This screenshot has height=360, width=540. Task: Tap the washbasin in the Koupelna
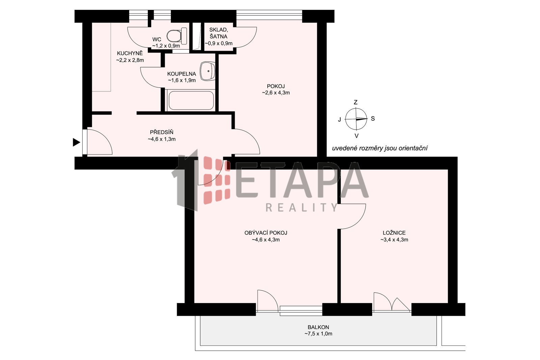pyautogui.click(x=208, y=71)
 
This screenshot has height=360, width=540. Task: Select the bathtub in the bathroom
pyautogui.click(x=191, y=100)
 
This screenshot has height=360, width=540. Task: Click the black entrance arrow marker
pyautogui.click(x=76, y=142)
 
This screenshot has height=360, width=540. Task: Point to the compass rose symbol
pyautogui.click(x=356, y=119)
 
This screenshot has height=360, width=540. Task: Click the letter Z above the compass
pyautogui.click(x=356, y=102)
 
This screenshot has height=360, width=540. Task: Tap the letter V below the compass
pyautogui.click(x=356, y=136)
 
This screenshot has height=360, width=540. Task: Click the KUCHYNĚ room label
pyautogui.click(x=130, y=53)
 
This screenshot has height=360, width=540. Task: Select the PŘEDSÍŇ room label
pyautogui.click(x=162, y=132)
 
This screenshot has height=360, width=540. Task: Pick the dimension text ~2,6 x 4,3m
pyautogui.click(x=276, y=93)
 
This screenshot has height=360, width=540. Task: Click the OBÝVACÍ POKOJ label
pyautogui.click(x=266, y=233)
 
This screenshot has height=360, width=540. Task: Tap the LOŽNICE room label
pyautogui.click(x=394, y=233)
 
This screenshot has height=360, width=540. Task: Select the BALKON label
pyautogui.click(x=318, y=327)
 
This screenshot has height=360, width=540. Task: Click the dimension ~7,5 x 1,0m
pyautogui.click(x=318, y=334)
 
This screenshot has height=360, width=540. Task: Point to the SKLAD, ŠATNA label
pyautogui.click(x=218, y=33)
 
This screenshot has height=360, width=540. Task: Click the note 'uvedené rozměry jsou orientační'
pyautogui.click(x=380, y=148)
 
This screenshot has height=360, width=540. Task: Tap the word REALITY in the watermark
pyautogui.click(x=302, y=207)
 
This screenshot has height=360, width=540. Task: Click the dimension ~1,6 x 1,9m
pyautogui.click(x=182, y=80)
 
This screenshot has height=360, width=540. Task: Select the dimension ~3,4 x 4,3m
pyautogui.click(x=394, y=240)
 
